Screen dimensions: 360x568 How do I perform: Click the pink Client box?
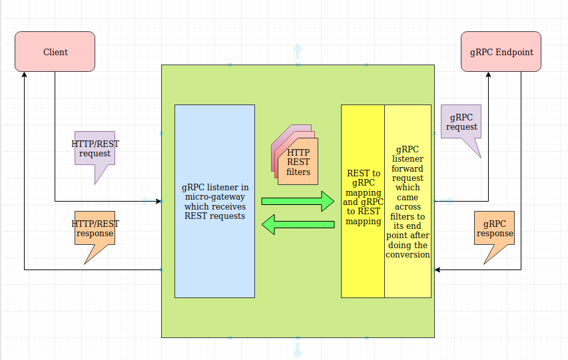click(x=55, y=52)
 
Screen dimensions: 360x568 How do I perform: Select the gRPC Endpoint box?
click(x=501, y=52)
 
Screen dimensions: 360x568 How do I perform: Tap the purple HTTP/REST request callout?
click(x=95, y=148)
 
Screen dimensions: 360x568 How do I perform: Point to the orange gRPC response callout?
click(x=495, y=229)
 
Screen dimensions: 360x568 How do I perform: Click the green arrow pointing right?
click(x=297, y=201)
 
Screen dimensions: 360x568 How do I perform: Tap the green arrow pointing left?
click(x=298, y=224)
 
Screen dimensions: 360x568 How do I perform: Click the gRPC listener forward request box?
click(x=408, y=200)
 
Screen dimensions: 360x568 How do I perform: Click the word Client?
click(x=55, y=52)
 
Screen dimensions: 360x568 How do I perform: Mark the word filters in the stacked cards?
click(x=298, y=172)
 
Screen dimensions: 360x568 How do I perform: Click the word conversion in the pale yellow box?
click(x=408, y=254)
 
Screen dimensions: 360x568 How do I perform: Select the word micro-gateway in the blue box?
click(x=214, y=197)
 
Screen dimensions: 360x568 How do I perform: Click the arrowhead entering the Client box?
click(x=25, y=75)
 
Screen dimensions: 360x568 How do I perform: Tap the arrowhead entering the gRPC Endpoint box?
click(x=488, y=75)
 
